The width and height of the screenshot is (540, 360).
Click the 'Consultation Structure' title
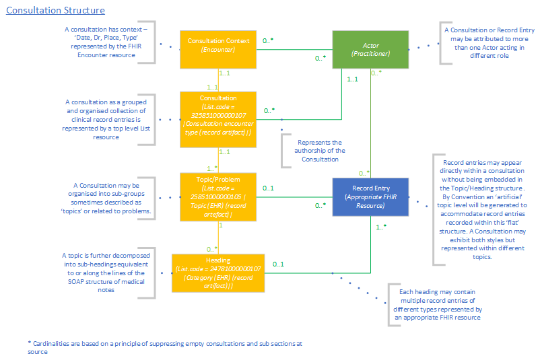(x=55, y=11)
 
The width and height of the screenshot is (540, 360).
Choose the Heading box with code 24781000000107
(x=219, y=273)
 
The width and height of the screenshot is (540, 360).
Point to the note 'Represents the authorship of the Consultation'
(x=318, y=151)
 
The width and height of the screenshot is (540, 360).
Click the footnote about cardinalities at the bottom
(x=165, y=347)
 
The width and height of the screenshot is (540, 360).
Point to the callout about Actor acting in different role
(x=490, y=42)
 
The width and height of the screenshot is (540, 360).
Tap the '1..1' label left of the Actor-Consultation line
(x=351, y=79)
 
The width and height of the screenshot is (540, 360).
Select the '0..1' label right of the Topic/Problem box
(x=268, y=188)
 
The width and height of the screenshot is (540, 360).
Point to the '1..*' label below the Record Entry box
(x=380, y=227)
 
